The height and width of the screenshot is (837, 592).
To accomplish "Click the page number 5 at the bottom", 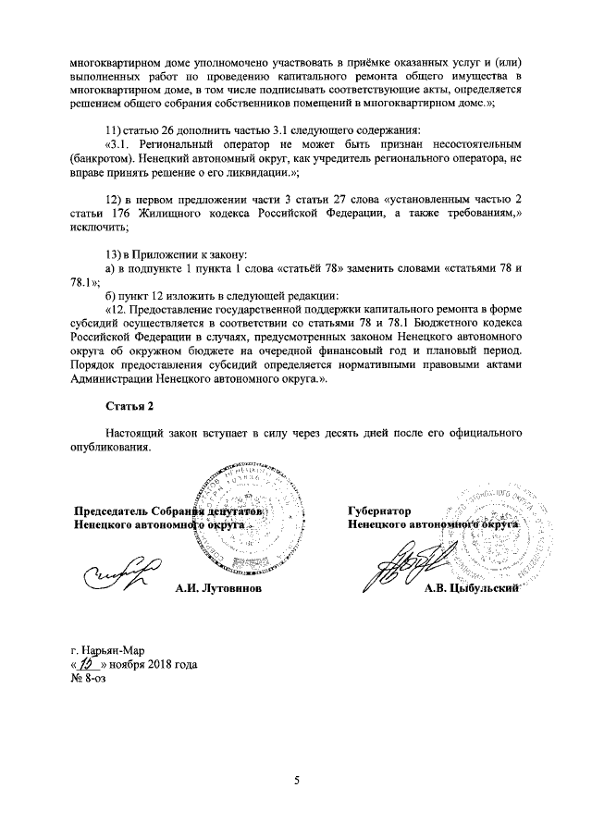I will coord(297,781).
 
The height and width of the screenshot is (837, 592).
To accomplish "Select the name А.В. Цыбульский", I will coord(468,589).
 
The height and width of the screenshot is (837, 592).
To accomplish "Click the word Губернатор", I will coord(379,511).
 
